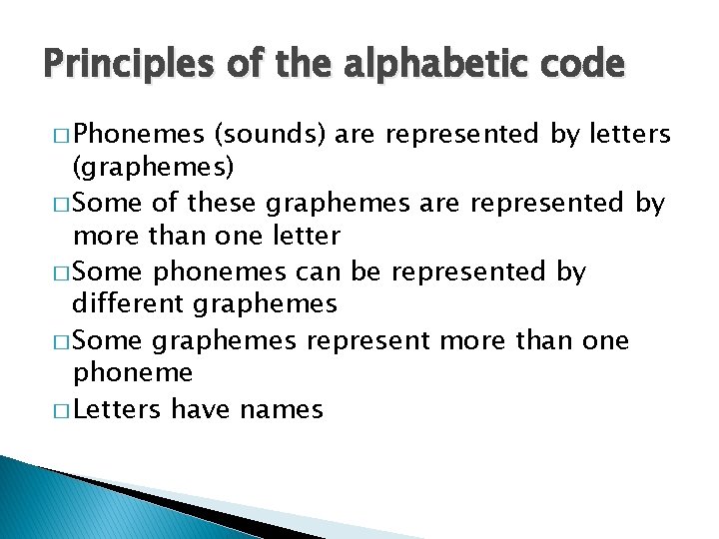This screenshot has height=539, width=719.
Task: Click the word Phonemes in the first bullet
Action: click(x=138, y=135)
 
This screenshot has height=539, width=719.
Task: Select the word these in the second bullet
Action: click(x=221, y=203)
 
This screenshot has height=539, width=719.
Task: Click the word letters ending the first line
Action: click(x=628, y=135)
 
